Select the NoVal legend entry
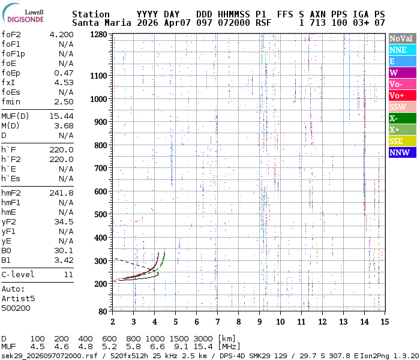click(402, 38)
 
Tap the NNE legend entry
click(402, 50)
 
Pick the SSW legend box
click(402, 107)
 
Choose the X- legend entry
click(402, 118)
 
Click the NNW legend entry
click(402, 152)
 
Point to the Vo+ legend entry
click(402, 95)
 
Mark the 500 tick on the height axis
click(101, 214)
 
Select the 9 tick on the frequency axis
click(259, 322)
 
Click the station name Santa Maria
click(98, 23)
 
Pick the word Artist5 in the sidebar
click(18, 298)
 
